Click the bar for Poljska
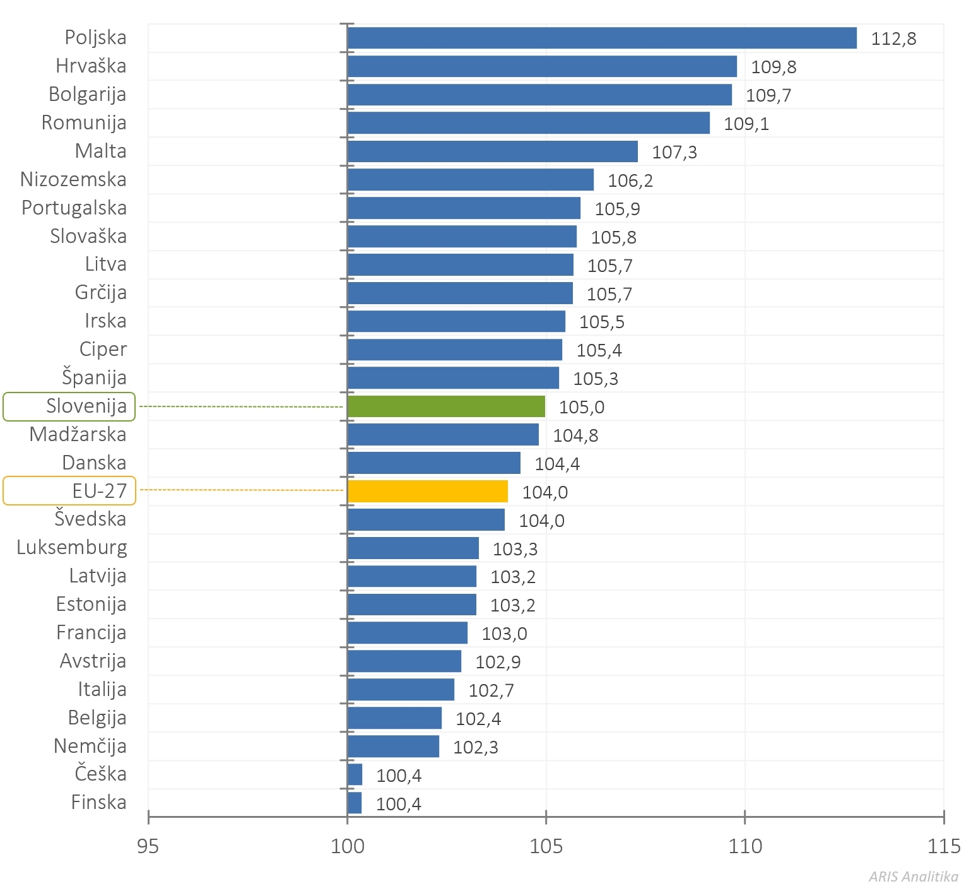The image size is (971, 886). (601, 38)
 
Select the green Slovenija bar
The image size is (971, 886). (445, 406)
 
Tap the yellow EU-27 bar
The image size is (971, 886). (427, 491)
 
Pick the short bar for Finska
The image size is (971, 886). (355, 803)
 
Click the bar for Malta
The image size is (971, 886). (492, 151)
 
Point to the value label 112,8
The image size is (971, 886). (893, 38)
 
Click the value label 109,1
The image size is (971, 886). (746, 124)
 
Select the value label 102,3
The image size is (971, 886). (476, 747)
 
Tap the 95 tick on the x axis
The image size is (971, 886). (148, 846)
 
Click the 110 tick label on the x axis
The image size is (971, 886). (745, 846)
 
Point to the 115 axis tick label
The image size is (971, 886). (944, 846)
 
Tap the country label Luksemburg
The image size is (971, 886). (72, 547)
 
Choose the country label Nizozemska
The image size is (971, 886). (73, 179)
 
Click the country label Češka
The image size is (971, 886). (100, 774)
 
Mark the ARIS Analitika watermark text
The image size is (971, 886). (913, 877)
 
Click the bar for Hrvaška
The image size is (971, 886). (541, 66)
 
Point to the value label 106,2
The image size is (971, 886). (630, 180)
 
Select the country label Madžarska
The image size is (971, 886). (78, 434)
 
